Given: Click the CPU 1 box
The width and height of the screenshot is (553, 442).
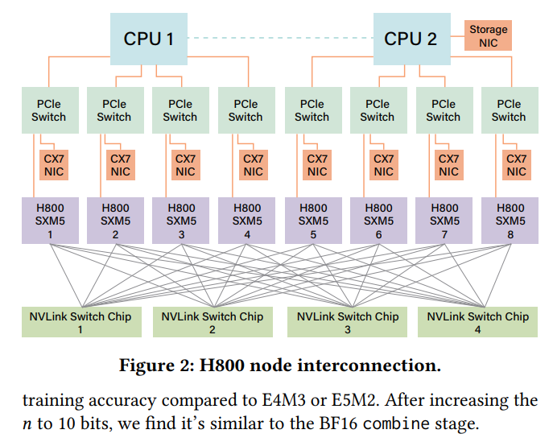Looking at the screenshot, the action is click(148, 39).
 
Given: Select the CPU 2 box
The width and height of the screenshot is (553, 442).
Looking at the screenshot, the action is click(411, 39).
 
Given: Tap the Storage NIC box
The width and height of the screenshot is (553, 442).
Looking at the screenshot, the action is click(488, 35).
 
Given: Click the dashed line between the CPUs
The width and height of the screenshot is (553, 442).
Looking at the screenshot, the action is click(280, 38).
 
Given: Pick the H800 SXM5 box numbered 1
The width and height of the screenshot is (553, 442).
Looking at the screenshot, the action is click(50, 221).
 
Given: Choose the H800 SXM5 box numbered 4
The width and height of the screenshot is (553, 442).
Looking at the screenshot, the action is click(246, 221).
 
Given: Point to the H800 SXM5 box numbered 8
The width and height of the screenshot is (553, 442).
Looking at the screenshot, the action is click(510, 221).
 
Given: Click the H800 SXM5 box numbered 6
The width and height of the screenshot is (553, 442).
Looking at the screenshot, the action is click(378, 221).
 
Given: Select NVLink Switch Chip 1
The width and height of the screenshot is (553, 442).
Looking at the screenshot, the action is click(81, 322).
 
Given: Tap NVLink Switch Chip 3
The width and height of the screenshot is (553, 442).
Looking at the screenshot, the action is click(347, 322).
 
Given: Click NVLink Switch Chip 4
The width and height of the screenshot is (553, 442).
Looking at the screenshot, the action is click(478, 322).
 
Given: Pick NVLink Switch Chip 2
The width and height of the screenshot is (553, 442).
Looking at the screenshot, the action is click(213, 322).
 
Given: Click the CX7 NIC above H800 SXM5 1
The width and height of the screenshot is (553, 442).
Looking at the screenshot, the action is click(54, 165).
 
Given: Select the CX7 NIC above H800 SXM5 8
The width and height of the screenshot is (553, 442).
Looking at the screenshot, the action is click(516, 165).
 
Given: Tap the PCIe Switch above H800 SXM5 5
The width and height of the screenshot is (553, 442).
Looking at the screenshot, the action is click(313, 110).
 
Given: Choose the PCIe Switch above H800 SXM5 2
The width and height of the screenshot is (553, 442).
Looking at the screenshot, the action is click(115, 110).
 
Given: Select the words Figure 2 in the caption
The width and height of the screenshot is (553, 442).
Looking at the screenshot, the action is click(155, 366).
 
